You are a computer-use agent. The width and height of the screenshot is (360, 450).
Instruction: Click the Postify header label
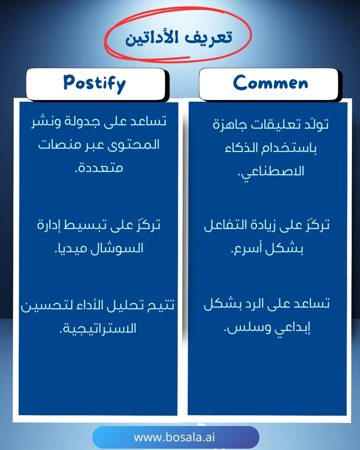coord(94,83)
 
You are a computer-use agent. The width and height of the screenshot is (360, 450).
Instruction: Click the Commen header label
coord(270,83)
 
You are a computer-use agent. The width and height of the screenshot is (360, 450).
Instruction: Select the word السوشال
coord(123,248)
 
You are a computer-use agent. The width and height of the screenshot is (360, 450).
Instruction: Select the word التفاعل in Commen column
coord(226,226)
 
